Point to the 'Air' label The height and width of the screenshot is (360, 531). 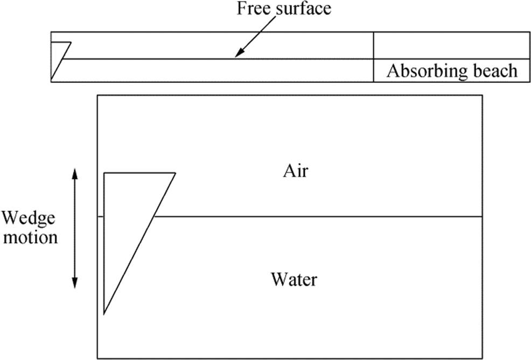point(295,172)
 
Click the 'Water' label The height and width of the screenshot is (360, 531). point(294,280)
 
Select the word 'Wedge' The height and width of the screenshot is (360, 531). point(27,218)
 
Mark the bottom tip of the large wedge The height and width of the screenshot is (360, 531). point(104,314)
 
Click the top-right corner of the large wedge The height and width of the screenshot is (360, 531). point(176,173)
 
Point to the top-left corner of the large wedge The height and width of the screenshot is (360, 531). point(104,173)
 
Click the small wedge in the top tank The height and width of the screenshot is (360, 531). point(58,54)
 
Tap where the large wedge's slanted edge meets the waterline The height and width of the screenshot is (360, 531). point(153,216)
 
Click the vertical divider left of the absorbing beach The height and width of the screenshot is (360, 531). point(373,57)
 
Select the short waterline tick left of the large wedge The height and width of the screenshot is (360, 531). point(100,216)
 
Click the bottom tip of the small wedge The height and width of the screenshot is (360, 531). point(51,81)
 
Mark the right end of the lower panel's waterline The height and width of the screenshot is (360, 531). point(481,216)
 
